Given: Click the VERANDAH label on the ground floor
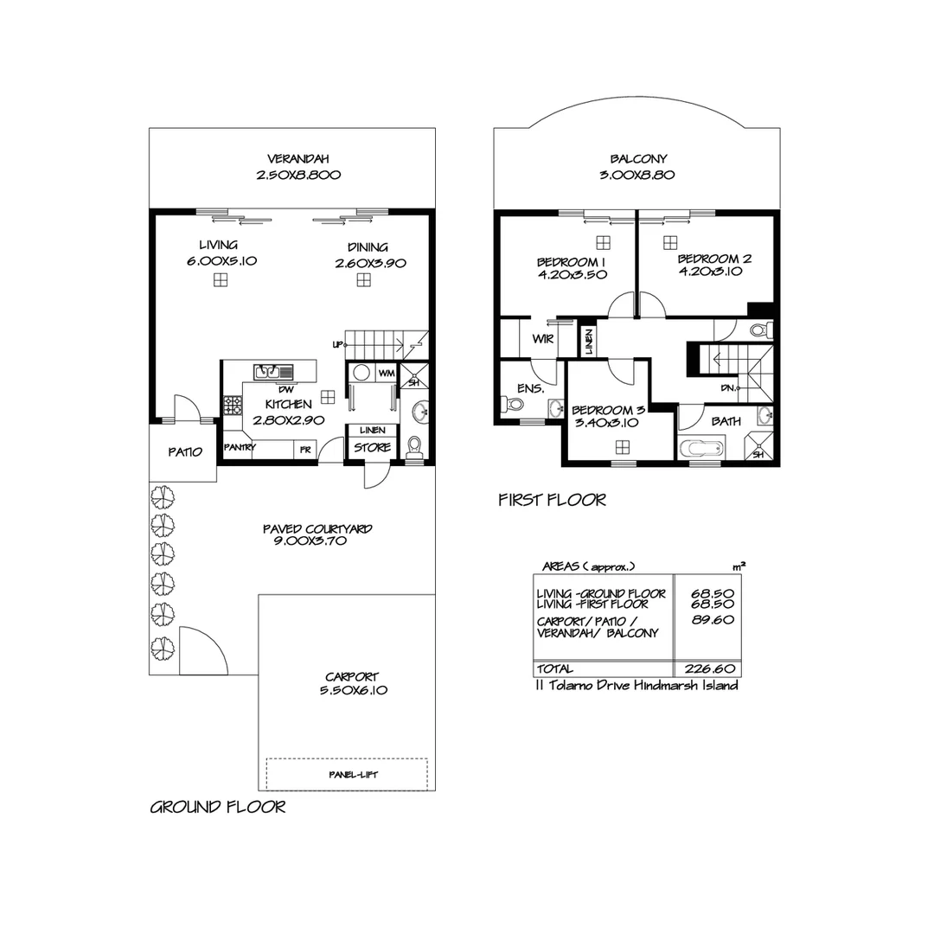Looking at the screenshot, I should tap(297, 159).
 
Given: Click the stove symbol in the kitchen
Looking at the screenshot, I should tap(233, 404).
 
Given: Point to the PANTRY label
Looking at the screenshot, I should tap(240, 448).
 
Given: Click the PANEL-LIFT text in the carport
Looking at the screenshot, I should tap(346, 775).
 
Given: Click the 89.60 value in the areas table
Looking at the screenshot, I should tap(709, 619).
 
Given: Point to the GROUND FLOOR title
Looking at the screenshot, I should tap(218, 808).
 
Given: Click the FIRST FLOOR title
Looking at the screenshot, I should tap(552, 500).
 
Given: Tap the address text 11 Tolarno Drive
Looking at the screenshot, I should tap(637, 686).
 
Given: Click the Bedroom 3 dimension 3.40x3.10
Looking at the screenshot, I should tap(606, 423).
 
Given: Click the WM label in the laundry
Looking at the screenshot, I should tap(387, 373).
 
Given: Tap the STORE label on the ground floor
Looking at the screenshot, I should tap(372, 448).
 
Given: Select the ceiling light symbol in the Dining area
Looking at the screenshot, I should tap(364, 279).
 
